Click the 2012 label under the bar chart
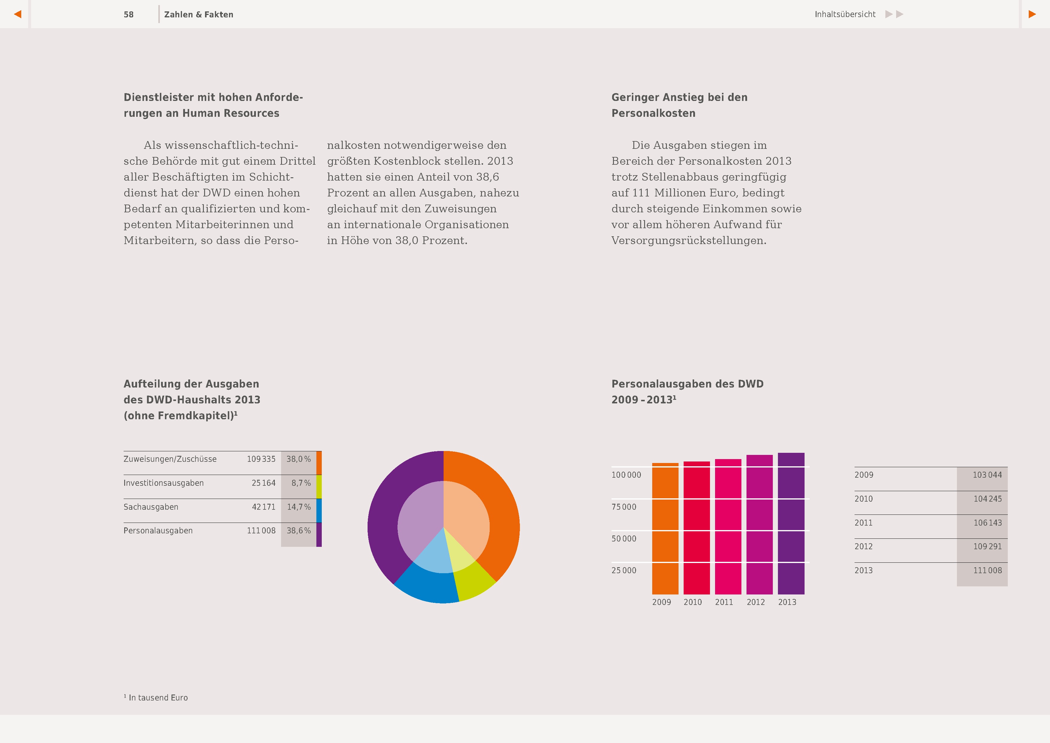755,602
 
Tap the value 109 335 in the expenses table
261,459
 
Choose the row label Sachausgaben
151,507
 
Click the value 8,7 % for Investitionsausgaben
301,483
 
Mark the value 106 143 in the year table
987,523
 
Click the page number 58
128,15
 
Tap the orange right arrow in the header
1032,14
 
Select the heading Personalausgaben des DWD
687,384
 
